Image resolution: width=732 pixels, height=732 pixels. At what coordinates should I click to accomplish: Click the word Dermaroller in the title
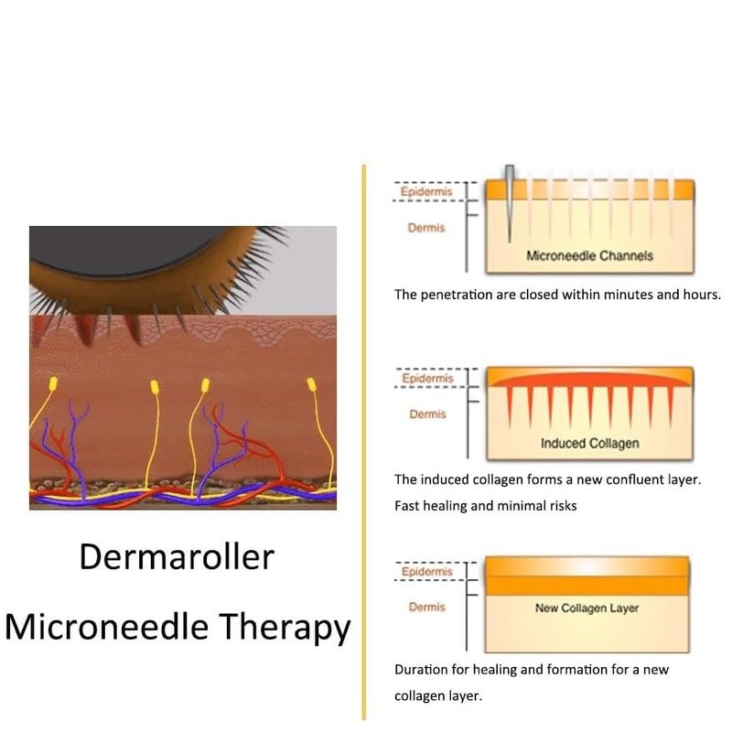[176, 556]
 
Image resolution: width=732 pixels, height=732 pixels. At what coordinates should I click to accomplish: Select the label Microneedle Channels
[589, 256]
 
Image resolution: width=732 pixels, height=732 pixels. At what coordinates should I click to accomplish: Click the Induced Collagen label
[589, 444]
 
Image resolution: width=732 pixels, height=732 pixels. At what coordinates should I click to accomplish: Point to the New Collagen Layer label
[587, 608]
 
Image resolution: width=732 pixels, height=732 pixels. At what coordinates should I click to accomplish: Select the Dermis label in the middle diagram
[427, 414]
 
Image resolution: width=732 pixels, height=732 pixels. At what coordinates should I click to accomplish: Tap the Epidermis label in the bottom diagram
[427, 572]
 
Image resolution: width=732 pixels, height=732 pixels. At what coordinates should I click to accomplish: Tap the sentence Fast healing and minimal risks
[485, 505]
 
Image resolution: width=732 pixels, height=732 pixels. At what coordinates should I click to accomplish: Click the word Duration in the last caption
[421, 670]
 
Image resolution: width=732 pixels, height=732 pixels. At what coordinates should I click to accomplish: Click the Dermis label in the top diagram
[425, 228]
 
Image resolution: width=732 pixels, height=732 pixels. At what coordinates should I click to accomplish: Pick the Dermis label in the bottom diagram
[427, 607]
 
